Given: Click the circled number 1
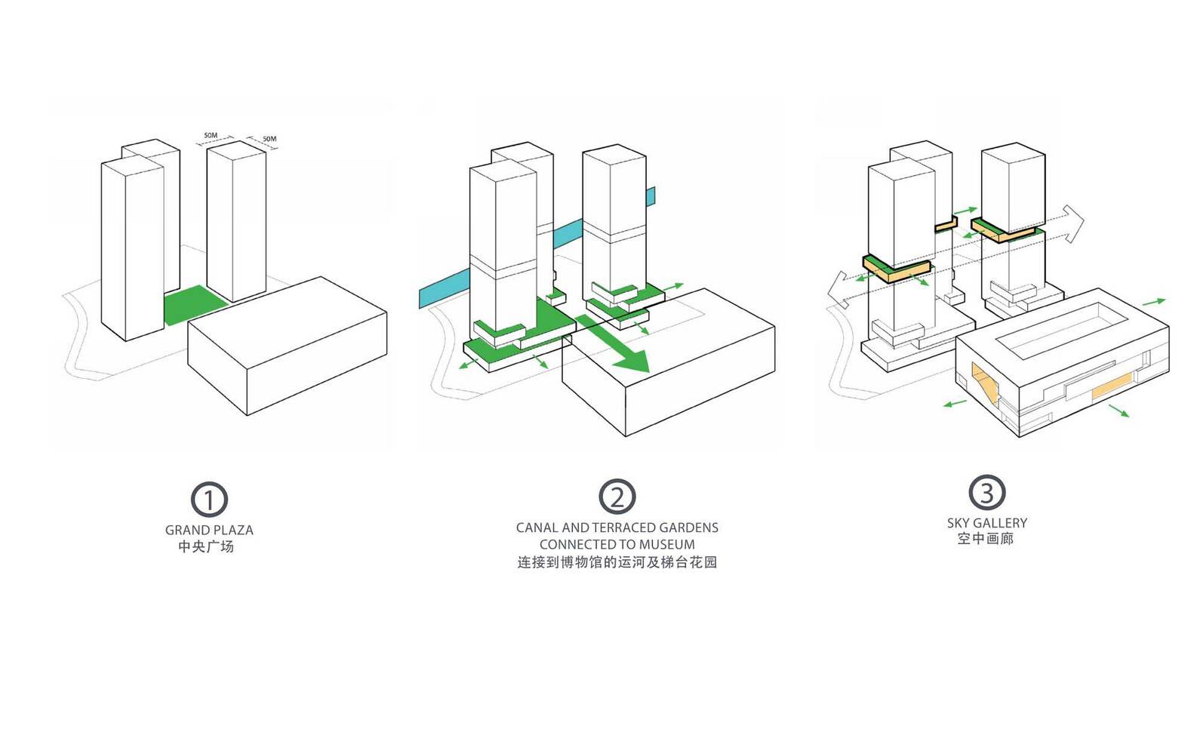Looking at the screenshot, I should pos(209,500).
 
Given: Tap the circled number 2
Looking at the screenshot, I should pos(617,497).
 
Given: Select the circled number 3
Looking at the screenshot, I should pos(986,493).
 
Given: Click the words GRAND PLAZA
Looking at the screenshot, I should pos(209,530).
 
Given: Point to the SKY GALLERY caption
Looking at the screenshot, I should pos(986,522).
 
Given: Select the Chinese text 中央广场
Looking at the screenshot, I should pos(206,546).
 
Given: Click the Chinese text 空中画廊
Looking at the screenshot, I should pos(985,539).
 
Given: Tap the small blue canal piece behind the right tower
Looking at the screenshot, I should pos(651,196).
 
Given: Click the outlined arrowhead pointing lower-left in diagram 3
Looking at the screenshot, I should pos(839,291).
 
